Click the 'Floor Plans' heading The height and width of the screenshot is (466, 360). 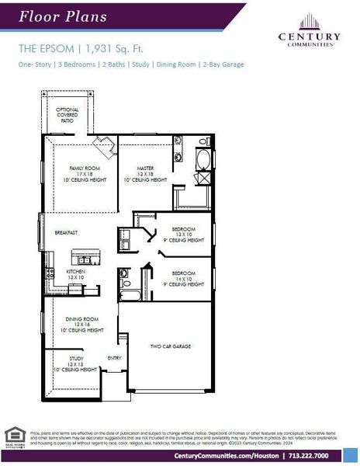52,16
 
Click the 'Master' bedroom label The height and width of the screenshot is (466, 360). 145,168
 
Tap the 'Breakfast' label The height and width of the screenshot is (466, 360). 67,232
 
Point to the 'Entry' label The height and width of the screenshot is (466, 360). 114,358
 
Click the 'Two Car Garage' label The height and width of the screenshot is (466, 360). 171,346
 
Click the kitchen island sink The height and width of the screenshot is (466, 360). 87,254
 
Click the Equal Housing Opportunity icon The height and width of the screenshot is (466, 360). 14,436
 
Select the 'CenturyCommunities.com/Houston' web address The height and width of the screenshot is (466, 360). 227,456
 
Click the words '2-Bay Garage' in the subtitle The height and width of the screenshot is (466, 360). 224,64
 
